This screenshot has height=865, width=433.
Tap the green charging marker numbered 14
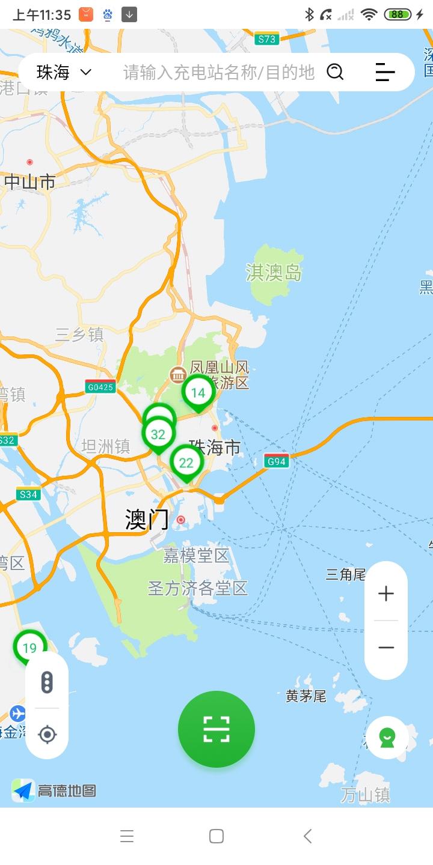coord(198,393)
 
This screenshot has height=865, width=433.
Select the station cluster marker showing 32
coord(158,434)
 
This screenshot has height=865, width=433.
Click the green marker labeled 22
coord(186,463)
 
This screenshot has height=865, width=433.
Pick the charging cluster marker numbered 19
coord(29,648)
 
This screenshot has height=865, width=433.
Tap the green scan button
coord(216,729)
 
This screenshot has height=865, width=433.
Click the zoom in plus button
coord(386,593)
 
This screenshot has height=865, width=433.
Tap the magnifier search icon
coord(335,72)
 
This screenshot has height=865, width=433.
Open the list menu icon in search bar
coord(385,72)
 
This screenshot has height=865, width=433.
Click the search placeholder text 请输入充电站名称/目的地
coord(219,73)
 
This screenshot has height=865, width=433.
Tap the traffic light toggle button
coord(47,682)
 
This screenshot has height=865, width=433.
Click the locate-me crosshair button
coord(47,734)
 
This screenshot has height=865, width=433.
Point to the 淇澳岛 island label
coord(274,273)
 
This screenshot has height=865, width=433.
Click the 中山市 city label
coord(30,182)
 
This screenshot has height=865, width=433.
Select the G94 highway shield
coord(277,461)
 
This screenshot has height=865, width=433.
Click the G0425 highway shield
coord(100,387)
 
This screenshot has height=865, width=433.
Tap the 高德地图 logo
coord(54,791)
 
